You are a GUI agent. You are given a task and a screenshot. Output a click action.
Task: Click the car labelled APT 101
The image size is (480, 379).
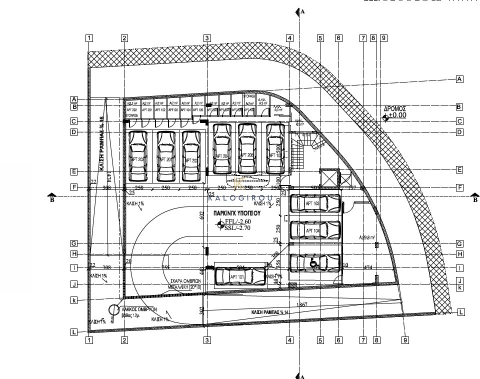click(x=239, y=276)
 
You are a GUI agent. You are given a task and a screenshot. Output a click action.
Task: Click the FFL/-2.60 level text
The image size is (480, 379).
click(x=238, y=221)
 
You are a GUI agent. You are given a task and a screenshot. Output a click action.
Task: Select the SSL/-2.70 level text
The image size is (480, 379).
click(x=238, y=228)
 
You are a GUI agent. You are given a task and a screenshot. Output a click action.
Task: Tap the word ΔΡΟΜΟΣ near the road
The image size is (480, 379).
click(x=394, y=108)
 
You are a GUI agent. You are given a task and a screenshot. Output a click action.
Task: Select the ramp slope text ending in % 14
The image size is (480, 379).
click(x=270, y=312)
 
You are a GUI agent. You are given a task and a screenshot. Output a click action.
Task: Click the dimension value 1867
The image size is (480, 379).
click(x=301, y=304)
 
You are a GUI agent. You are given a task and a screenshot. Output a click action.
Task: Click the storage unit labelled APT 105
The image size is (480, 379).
click(x=197, y=110)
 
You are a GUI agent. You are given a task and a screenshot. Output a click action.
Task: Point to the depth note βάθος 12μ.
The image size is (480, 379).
click(x=135, y=316)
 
